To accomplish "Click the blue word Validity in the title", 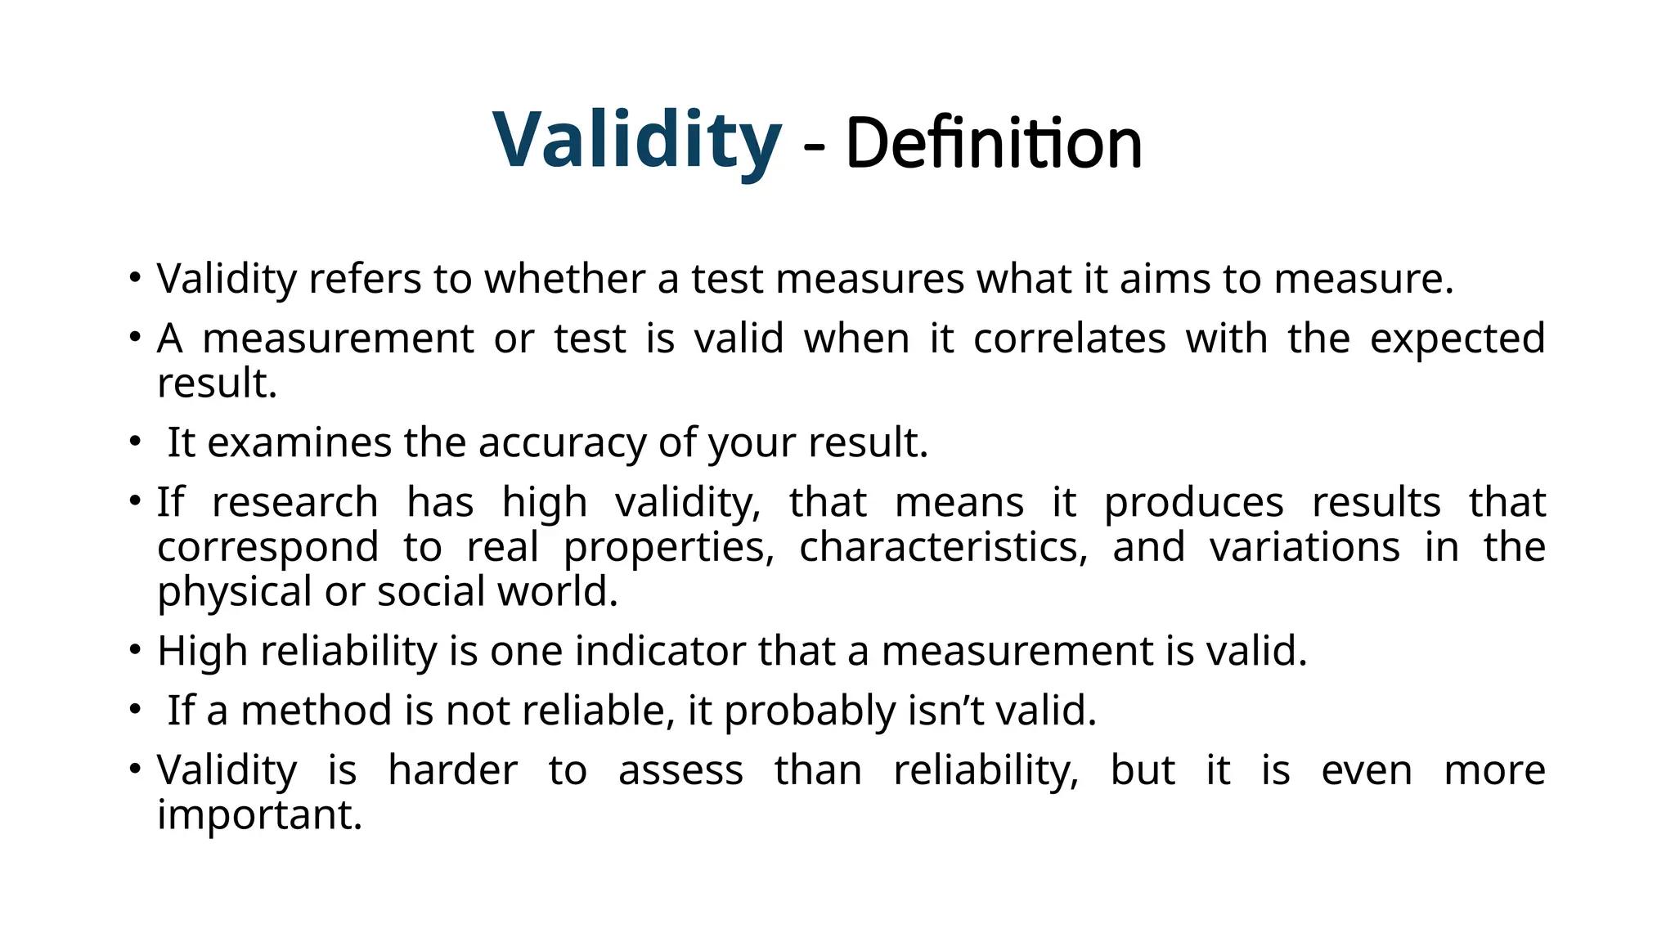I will point(636,141).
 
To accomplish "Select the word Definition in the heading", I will point(993,144).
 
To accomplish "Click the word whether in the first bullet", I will point(565,279).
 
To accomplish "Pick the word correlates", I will point(1069,339).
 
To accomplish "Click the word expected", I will point(1457,339).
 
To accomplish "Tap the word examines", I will point(299,443).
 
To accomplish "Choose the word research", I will point(294,502).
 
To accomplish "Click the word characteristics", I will point(943,547).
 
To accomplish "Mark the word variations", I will point(1305,547).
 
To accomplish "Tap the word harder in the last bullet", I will point(452,770).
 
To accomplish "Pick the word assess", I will point(680,770).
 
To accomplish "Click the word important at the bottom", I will point(259,814).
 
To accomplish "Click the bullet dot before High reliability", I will point(135,651).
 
